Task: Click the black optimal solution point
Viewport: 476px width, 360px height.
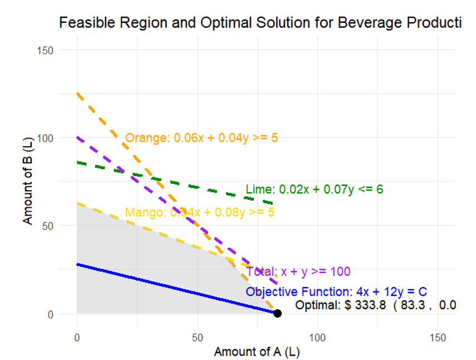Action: point(277,313)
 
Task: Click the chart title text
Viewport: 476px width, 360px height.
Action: point(260,23)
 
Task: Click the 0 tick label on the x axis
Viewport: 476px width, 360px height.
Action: point(77,338)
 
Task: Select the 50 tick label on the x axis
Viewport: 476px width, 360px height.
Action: point(197,338)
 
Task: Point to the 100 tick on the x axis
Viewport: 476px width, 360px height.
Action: point(317,338)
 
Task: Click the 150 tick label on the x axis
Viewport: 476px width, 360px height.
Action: point(438,338)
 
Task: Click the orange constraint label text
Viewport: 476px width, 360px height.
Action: point(201,138)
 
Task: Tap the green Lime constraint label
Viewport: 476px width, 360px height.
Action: point(314,189)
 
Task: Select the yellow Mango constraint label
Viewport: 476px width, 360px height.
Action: point(199,212)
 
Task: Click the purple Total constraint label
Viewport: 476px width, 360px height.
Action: point(298,271)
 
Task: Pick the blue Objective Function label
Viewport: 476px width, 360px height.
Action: point(336,292)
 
